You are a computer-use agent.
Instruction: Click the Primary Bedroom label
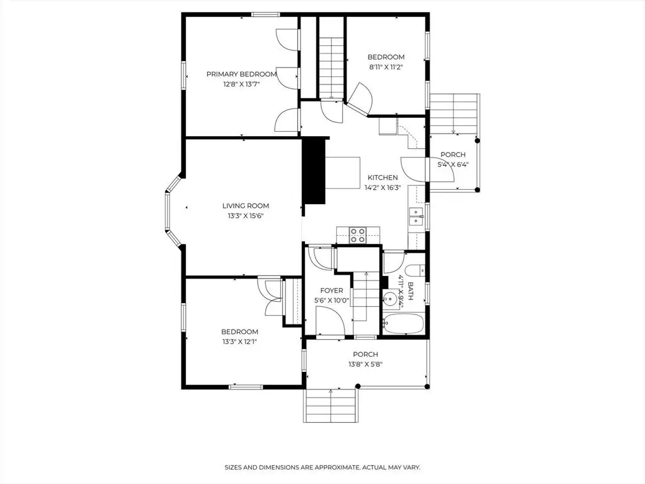241,74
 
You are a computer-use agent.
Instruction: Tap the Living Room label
246,206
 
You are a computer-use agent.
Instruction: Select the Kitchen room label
382,177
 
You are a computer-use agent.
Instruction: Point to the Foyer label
331,291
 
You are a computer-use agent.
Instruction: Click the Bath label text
410,291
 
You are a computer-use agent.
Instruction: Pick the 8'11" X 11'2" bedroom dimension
386,67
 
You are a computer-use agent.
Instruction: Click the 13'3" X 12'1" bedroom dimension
240,342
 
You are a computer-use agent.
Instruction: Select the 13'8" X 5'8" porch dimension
366,364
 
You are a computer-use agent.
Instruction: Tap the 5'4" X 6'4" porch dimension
453,164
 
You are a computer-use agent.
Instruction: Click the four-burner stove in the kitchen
357,235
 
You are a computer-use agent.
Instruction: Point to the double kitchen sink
416,217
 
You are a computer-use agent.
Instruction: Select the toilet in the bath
414,271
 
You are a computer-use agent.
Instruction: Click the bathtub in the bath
403,324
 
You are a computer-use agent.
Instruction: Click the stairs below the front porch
331,405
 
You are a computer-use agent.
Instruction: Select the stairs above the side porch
454,113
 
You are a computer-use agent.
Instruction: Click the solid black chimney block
314,170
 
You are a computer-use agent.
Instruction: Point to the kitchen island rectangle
343,173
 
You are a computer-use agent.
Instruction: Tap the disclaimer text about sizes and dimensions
322,467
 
